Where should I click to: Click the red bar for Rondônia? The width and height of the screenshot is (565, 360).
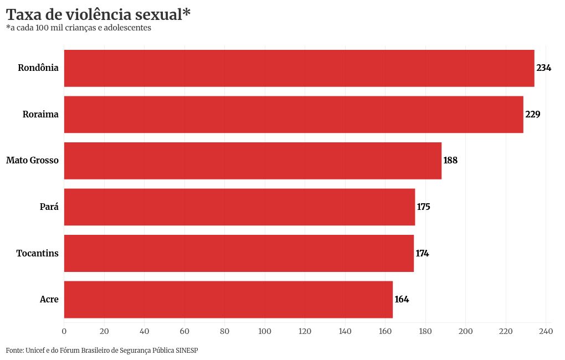tap(299, 68)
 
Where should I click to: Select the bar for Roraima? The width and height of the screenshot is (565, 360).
tap(294, 115)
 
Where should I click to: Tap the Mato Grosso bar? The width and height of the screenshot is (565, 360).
tap(253, 161)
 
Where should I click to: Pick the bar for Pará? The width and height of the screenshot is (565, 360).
tap(239, 207)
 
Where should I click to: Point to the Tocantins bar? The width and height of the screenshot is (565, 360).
tap(239, 253)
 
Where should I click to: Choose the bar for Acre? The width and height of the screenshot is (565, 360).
tap(228, 300)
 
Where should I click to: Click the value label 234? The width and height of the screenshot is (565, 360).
tap(544, 68)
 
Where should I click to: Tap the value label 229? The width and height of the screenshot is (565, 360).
tap(533, 115)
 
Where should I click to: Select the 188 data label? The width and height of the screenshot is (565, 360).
tap(451, 161)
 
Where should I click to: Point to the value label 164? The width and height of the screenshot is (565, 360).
tap(402, 300)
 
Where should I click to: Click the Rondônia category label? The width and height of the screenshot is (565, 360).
tap(38, 68)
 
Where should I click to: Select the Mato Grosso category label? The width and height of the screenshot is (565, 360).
tap(32, 161)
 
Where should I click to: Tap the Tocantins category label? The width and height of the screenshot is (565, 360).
tap(37, 253)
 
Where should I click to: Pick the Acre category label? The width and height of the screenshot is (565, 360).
tap(49, 300)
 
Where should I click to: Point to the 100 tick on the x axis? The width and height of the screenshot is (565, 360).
tap(265, 331)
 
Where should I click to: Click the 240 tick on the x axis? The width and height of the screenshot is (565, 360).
tap(546, 331)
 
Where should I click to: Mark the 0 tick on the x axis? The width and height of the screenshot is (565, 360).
tap(64, 331)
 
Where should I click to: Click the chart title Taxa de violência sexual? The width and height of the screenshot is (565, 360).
tap(98, 14)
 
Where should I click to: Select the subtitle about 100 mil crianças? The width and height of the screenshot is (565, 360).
tap(79, 28)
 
